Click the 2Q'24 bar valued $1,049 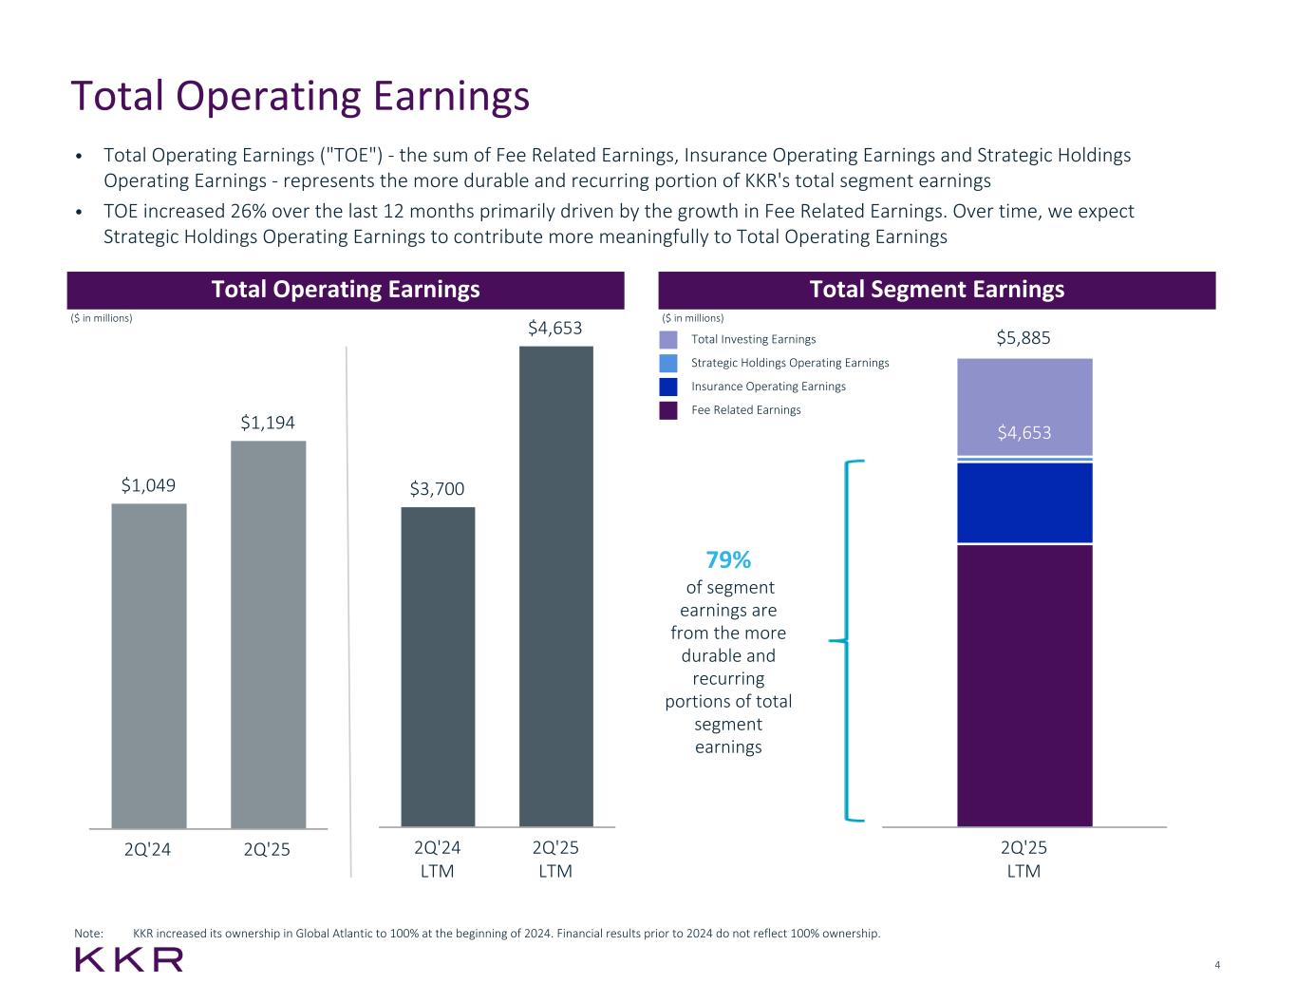tap(149, 665)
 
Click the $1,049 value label tap(148, 485)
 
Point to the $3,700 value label tap(437, 489)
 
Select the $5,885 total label tap(1024, 338)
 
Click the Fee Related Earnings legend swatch tap(668, 410)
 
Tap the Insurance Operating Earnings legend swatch tap(668, 387)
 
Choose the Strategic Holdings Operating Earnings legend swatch tap(668, 363)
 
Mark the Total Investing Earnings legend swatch tap(668, 339)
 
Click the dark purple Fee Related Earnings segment tap(1024, 685)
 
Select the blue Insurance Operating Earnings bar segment tap(1024, 502)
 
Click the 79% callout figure tap(728, 559)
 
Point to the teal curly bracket tap(850, 641)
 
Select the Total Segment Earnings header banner tap(936, 290)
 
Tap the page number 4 tap(1217, 966)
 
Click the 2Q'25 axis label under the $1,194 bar tap(267, 850)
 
